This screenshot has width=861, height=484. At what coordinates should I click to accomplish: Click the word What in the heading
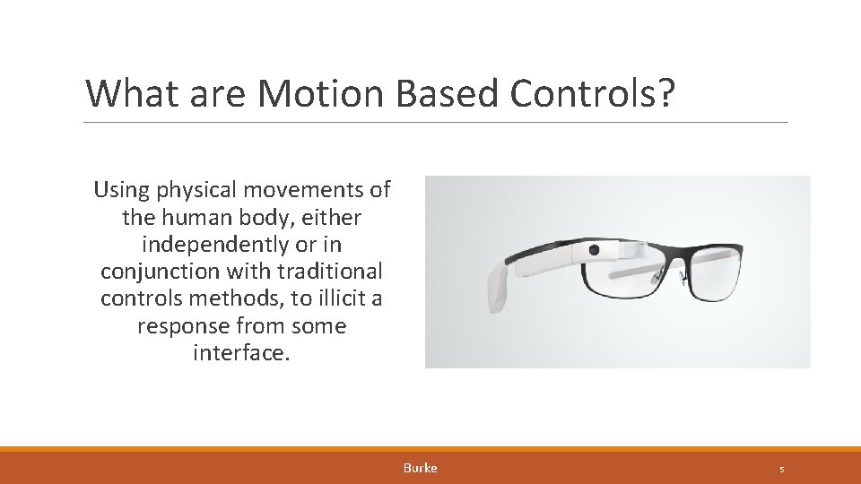click(x=126, y=93)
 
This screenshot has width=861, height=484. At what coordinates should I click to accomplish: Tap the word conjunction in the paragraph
click(x=153, y=272)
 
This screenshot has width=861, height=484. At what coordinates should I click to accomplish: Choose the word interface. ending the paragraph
click(x=241, y=353)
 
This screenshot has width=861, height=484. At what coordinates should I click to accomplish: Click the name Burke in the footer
click(x=421, y=468)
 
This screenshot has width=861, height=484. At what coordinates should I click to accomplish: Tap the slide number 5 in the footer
click(x=782, y=469)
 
